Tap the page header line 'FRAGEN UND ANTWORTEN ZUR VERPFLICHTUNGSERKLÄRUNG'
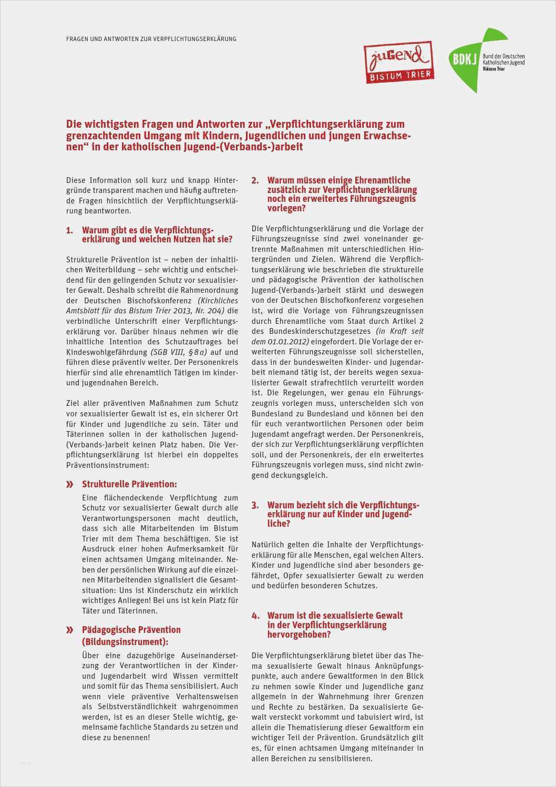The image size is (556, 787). pyautogui.click(x=151, y=39)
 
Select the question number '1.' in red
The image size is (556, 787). pyautogui.click(x=69, y=230)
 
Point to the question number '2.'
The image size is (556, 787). pyautogui.click(x=255, y=180)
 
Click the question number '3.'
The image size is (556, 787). pyautogui.click(x=255, y=505)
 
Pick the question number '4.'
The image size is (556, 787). pyautogui.click(x=255, y=616)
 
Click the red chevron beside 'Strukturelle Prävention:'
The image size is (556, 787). pyautogui.click(x=69, y=484)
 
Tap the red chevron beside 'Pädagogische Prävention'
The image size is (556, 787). pyautogui.click(x=69, y=630)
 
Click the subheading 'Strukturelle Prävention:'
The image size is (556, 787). pyautogui.click(x=129, y=484)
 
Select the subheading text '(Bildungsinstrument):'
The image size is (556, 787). pyautogui.click(x=125, y=641)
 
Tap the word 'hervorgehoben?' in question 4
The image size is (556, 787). pyautogui.click(x=299, y=635)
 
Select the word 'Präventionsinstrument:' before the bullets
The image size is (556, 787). pyautogui.click(x=108, y=465)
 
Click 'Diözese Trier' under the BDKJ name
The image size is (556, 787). pyautogui.click(x=493, y=69)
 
